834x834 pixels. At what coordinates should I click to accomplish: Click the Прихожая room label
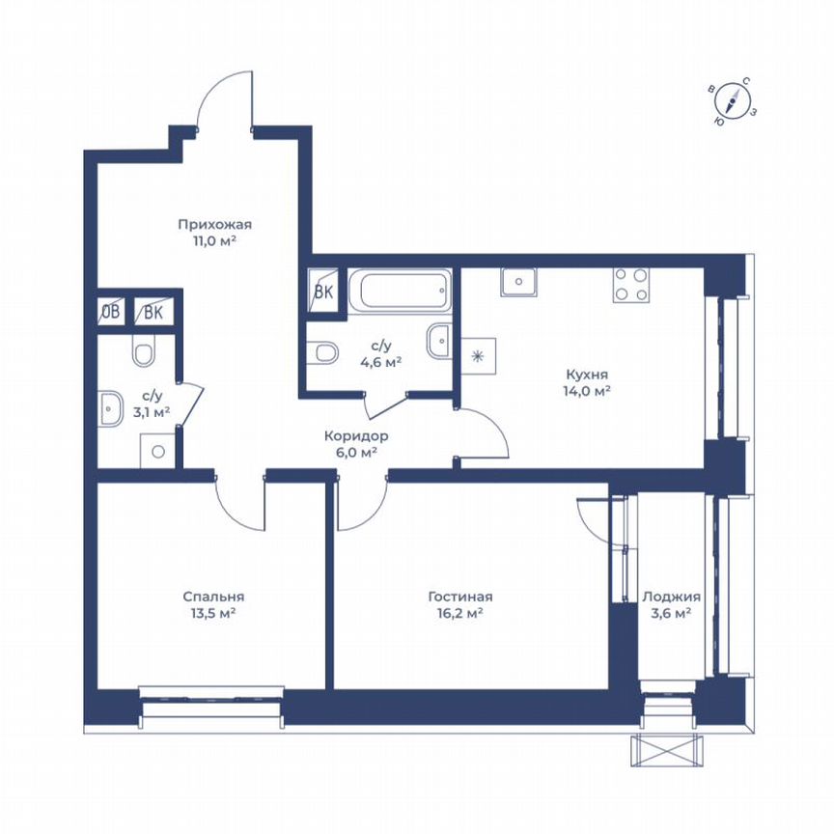(x=208, y=225)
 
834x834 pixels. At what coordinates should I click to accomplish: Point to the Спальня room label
(x=214, y=597)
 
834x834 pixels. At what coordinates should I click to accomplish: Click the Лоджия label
(x=672, y=597)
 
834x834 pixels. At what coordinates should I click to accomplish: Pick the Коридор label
(x=356, y=435)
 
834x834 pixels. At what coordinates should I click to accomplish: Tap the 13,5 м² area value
(x=214, y=613)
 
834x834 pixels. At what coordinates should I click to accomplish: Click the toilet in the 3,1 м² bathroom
(x=143, y=353)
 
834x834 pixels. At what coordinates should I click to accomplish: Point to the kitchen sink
(x=520, y=282)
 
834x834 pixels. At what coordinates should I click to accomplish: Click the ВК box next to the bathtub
(x=322, y=295)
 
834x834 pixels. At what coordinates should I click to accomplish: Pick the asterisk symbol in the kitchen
(x=475, y=356)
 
